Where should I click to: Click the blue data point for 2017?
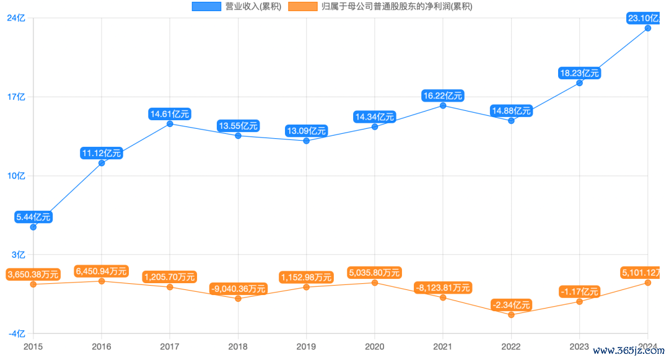(170, 124)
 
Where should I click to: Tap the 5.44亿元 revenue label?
(33, 217)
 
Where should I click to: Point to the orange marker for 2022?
(511, 315)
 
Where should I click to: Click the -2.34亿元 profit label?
(511, 305)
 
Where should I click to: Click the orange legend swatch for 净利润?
(304, 7)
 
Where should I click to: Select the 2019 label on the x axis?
(306, 346)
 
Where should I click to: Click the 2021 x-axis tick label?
(442, 346)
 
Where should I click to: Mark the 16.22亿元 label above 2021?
(442, 95)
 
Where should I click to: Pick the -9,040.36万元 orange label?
(238, 289)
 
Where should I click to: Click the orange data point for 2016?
(102, 281)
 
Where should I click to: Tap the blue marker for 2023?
(579, 83)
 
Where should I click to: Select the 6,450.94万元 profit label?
(102, 271)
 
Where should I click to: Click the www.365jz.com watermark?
(628, 350)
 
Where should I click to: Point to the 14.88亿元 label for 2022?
(511, 111)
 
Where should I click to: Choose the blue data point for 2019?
(306, 141)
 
